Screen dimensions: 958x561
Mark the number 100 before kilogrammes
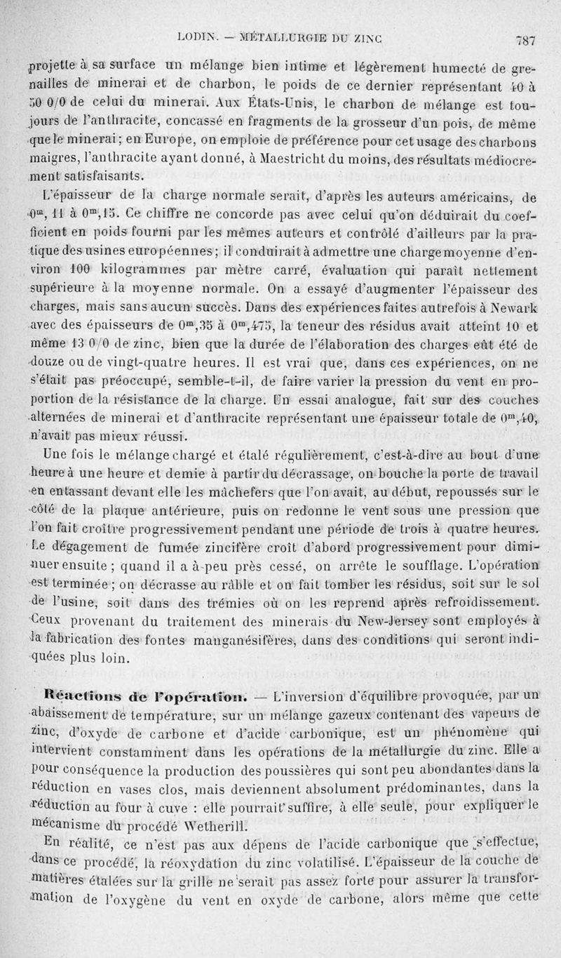[81, 270]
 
